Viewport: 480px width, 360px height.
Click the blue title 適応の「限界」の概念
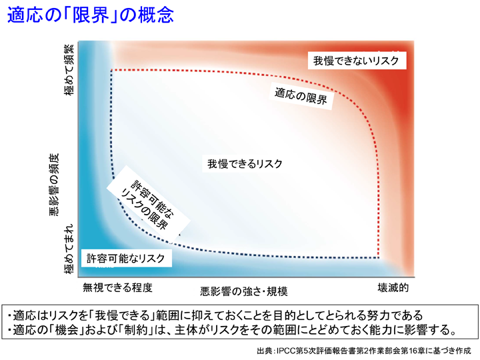(x=91, y=15)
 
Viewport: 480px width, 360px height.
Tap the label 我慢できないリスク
(x=356, y=61)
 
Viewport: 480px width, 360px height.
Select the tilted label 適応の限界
(x=301, y=95)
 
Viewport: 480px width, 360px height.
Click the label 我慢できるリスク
(x=245, y=164)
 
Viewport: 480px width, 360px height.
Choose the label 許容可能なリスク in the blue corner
(x=125, y=259)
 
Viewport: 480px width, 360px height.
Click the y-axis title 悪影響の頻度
(x=53, y=185)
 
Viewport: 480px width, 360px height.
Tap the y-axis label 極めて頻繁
(x=69, y=70)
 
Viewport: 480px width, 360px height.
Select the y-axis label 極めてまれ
(x=69, y=249)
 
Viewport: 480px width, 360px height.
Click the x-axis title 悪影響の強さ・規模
(x=244, y=291)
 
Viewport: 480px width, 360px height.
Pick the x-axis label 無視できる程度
(x=117, y=287)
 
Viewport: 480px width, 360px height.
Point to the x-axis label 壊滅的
(x=393, y=287)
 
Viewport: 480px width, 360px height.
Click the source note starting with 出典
(x=364, y=351)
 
